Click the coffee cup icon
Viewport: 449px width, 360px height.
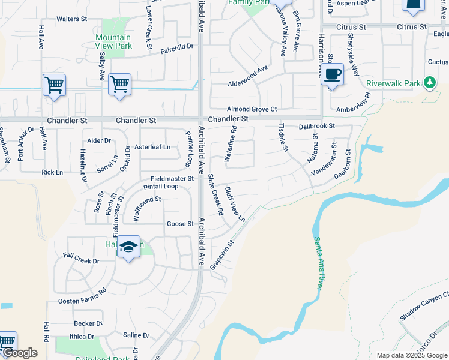[332, 74]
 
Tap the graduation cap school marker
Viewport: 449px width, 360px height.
[129, 247]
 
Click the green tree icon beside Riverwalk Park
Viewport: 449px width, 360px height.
[430, 83]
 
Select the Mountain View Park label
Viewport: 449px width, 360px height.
[113, 41]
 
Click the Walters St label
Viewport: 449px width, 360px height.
[72, 19]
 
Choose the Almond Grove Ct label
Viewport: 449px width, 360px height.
[252, 109]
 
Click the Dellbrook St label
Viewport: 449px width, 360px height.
[316, 127]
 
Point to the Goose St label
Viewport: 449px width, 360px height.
[180, 224]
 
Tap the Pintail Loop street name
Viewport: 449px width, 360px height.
[161, 187]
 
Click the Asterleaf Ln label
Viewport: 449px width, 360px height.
[152, 147]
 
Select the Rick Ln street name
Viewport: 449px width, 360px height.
[52, 172]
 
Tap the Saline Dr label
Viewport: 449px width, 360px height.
[136, 335]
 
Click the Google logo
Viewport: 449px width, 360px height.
[20, 353]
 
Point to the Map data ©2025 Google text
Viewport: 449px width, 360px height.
[411, 355]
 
